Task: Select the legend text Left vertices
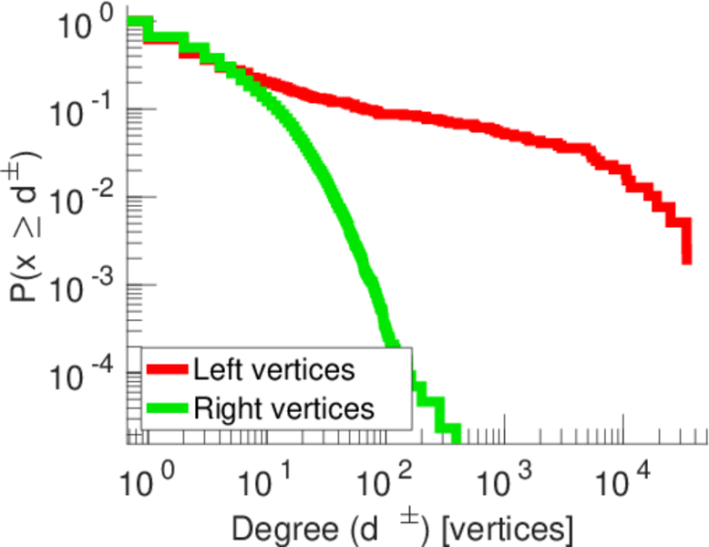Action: click(273, 370)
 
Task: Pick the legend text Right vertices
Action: click(283, 408)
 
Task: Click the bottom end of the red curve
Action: click(686, 261)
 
